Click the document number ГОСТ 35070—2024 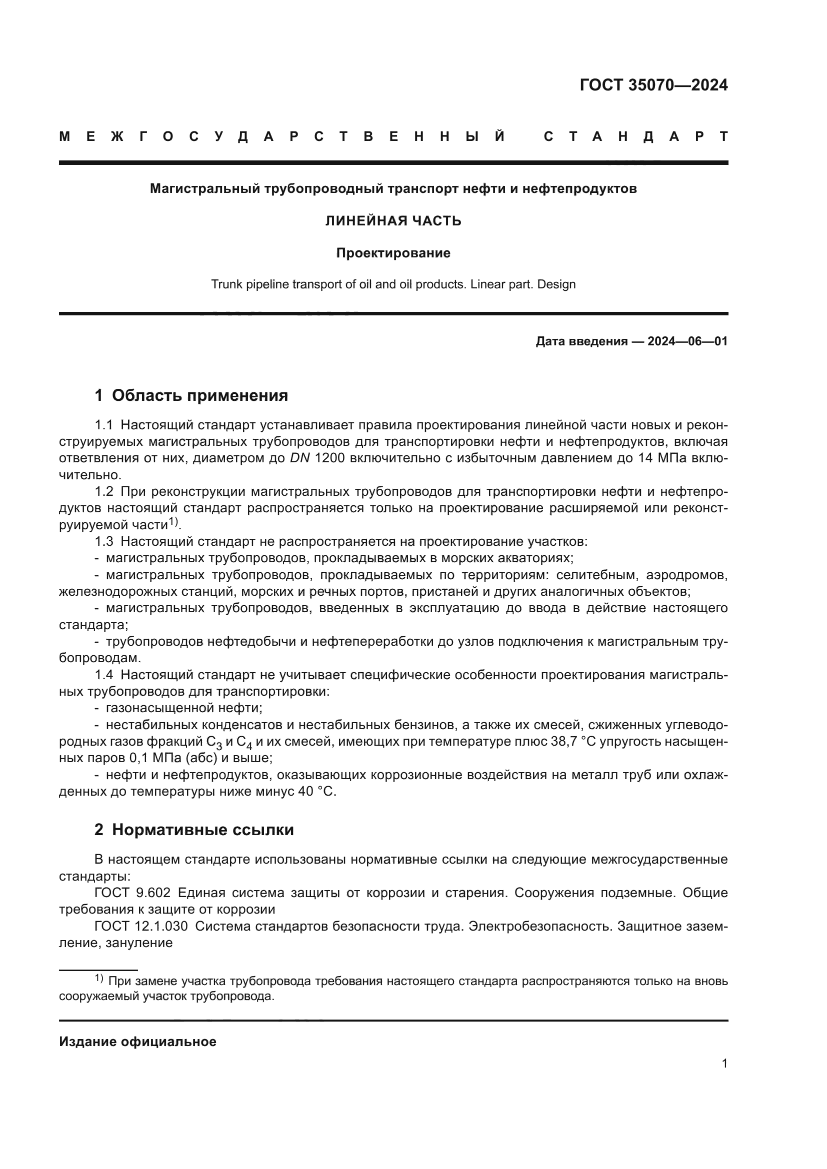click(x=653, y=85)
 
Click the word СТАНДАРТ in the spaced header click(x=635, y=136)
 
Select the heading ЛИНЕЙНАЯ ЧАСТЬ click(x=393, y=221)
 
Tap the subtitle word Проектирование click(x=393, y=253)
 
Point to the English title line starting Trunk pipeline click(x=393, y=284)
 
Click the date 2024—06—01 click(x=687, y=341)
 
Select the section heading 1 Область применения click(x=191, y=396)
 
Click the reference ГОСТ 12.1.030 click(x=141, y=926)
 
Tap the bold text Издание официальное click(x=137, y=1042)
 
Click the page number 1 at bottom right click(x=724, y=1063)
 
